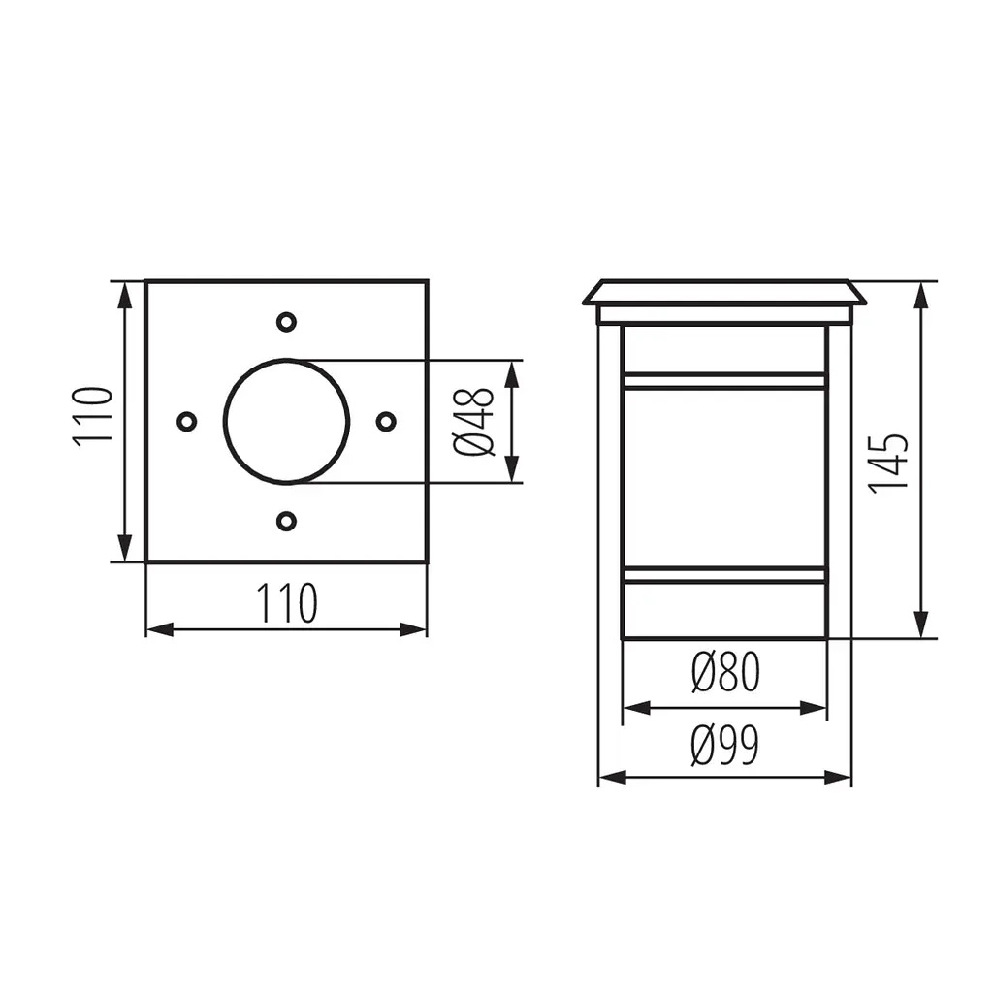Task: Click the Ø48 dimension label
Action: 473,422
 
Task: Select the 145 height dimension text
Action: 888,464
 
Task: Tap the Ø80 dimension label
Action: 725,672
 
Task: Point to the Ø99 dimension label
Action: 724,746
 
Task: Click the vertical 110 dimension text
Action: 93,417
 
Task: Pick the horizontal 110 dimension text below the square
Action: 286,603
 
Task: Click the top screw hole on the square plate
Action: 287,322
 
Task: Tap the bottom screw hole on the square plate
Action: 287,521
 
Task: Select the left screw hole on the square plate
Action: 187,421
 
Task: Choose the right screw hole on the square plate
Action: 386,421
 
